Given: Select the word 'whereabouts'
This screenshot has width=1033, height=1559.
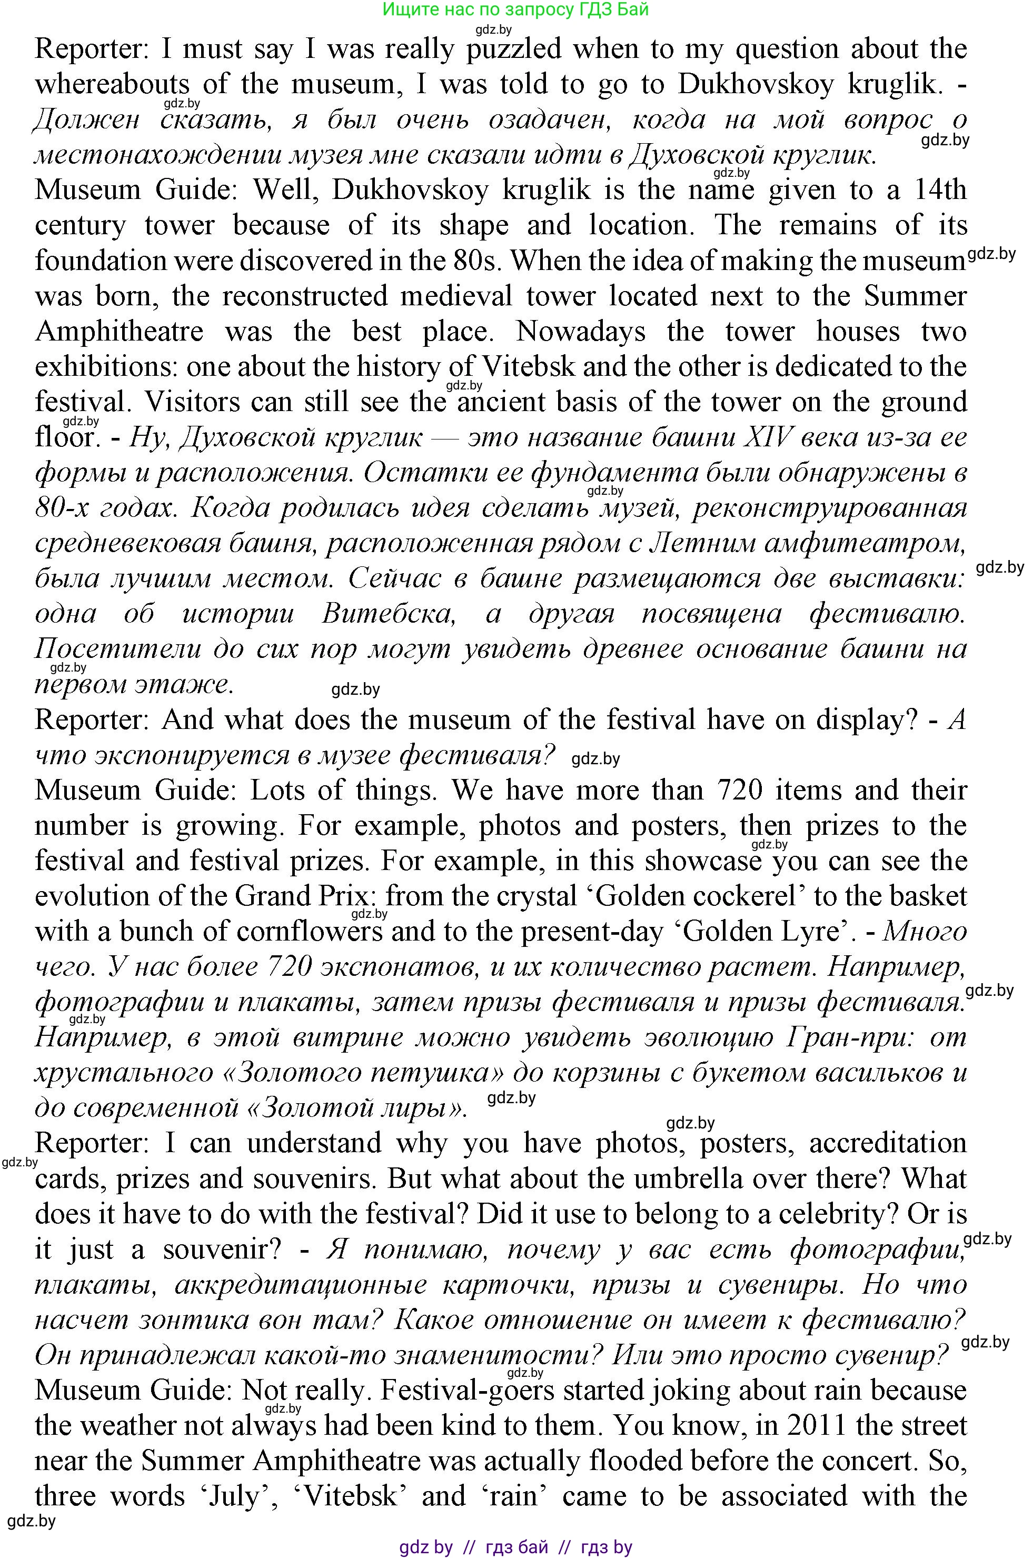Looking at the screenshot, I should pos(112,84).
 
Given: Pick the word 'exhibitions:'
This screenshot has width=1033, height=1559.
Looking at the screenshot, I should pos(105,367).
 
